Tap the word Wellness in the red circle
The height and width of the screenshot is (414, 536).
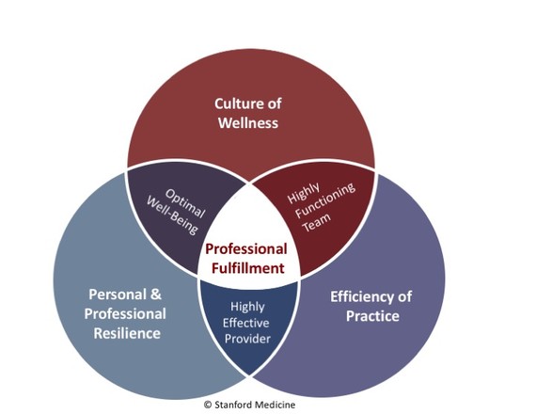point(248,123)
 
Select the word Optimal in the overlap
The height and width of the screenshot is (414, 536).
point(185,203)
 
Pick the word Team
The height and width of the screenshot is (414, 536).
point(317,222)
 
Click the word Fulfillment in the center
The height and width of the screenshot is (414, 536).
point(248,268)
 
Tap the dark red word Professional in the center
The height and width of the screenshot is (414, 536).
point(246,248)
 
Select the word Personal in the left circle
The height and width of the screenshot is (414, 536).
point(115,295)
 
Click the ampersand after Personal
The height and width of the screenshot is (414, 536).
point(155,295)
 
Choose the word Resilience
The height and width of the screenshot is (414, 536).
point(127,333)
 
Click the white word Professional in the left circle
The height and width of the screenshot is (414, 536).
point(125,313)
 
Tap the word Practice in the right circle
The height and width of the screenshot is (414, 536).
point(372,316)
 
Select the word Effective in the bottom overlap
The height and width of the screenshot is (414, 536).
point(245,323)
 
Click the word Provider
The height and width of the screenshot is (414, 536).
point(247,339)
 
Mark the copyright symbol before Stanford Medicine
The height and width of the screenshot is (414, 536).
point(208,405)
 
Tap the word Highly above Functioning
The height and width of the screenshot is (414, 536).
point(304,193)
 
